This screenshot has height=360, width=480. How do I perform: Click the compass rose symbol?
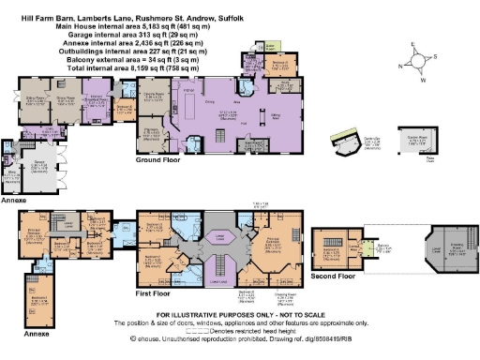[415, 67]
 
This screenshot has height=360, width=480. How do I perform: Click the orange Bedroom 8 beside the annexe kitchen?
[127, 108]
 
